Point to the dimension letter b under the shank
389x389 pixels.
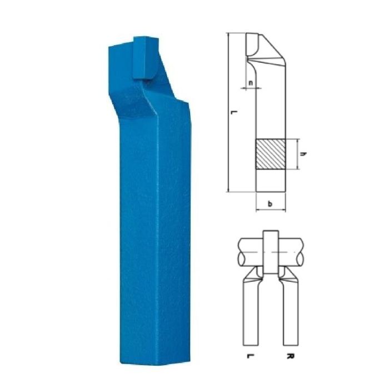pos(270,205)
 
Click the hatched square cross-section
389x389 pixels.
pos(271,154)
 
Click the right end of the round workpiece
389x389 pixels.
pos(303,253)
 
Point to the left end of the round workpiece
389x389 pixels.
pos(239,253)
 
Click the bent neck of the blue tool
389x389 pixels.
pos(150,100)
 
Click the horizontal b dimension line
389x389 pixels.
pos(271,211)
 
